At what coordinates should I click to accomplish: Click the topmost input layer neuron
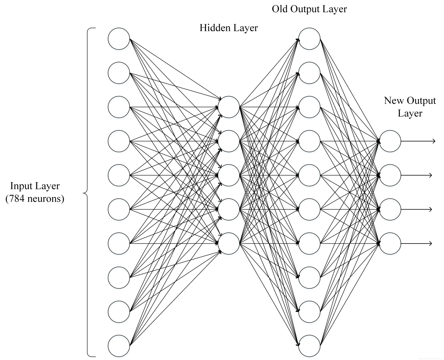coord(119,39)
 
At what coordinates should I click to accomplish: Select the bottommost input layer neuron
coord(119,346)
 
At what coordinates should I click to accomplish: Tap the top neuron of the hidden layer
coord(229,107)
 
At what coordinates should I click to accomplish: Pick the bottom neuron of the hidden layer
coord(229,244)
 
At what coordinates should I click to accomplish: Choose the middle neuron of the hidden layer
coord(229,175)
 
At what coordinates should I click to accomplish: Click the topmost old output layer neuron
coord(310,39)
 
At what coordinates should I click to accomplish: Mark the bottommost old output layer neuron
coord(310,346)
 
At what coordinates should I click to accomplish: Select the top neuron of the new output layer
coord(390,141)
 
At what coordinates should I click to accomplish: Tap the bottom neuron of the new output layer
coord(390,244)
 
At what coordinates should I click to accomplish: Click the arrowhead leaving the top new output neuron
coord(433,141)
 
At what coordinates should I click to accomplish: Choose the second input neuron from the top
coord(119,73)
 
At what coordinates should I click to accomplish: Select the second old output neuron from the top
coord(310,73)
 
